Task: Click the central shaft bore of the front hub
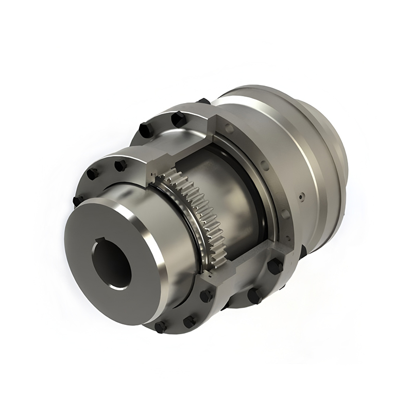tap(112, 265)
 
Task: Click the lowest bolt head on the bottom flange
tap(161, 327)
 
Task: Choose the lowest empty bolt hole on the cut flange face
tap(284, 213)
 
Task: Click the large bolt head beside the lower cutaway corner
tap(274, 266)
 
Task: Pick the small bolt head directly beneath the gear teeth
tap(206, 296)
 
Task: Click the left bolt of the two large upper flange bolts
tap(146, 129)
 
